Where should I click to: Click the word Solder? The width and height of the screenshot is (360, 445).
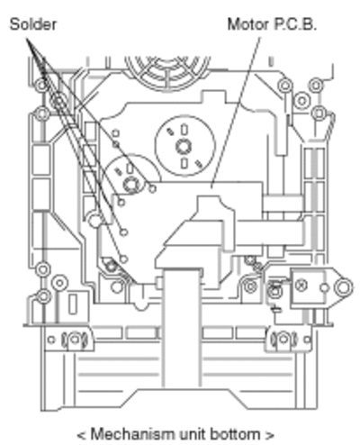click(33, 24)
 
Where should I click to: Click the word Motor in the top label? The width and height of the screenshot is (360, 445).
click(248, 24)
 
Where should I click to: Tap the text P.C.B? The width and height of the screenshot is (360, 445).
click(295, 24)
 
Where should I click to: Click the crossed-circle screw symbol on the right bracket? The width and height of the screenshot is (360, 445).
click(301, 286)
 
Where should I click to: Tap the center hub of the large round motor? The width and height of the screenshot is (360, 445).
click(184, 147)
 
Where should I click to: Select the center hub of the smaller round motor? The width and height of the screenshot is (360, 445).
click(131, 184)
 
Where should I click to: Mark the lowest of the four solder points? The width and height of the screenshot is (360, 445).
click(123, 259)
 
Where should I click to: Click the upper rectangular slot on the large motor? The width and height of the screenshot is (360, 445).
click(184, 130)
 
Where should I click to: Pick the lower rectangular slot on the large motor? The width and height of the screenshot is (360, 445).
click(184, 163)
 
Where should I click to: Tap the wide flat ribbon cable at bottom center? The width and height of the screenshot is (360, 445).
click(181, 327)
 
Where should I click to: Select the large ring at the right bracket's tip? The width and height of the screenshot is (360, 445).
click(343, 287)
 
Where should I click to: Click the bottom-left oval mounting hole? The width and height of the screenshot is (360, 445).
click(75, 340)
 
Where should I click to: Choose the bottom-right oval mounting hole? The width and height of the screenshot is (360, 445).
click(283, 340)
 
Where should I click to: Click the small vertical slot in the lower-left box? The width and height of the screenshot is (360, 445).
click(73, 304)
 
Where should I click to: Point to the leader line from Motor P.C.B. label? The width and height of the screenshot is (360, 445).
click(236, 113)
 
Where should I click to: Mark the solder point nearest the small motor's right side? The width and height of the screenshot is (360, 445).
click(152, 188)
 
